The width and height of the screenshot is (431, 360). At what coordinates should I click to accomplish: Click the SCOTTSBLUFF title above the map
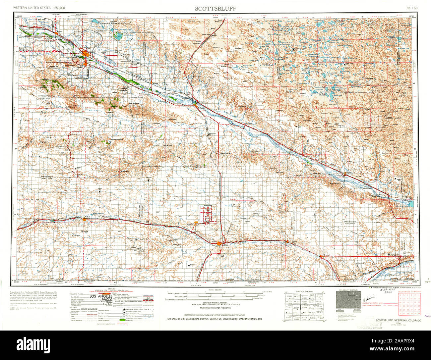coord(215,9)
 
